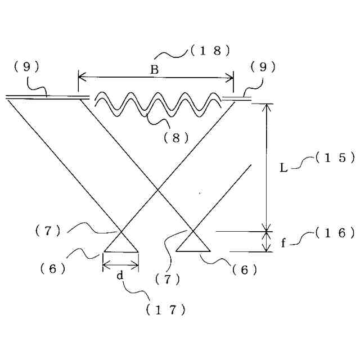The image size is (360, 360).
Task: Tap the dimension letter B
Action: click(154, 70)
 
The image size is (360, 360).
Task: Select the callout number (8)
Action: click(176, 137)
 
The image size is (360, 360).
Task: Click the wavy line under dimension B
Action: click(157, 104)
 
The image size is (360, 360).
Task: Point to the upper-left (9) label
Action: click(26, 66)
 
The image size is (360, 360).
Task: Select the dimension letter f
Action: click(283, 242)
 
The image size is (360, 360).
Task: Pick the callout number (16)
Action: click(335, 232)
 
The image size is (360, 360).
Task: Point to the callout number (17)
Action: click(165, 309)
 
